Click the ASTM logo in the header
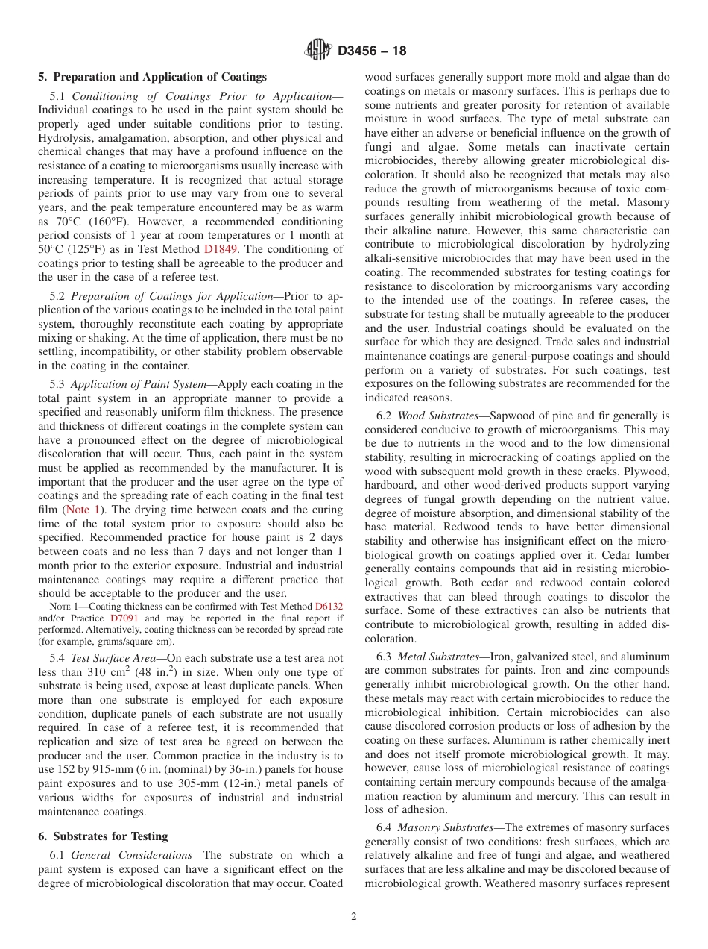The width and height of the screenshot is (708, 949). click(318, 51)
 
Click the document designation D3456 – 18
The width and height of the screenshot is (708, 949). click(372, 51)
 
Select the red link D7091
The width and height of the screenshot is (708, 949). click(124, 618)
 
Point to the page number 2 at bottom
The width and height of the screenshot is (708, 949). click(354, 917)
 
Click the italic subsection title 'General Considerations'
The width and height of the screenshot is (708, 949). click(133, 855)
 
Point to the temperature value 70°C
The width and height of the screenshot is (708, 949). click(63, 222)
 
